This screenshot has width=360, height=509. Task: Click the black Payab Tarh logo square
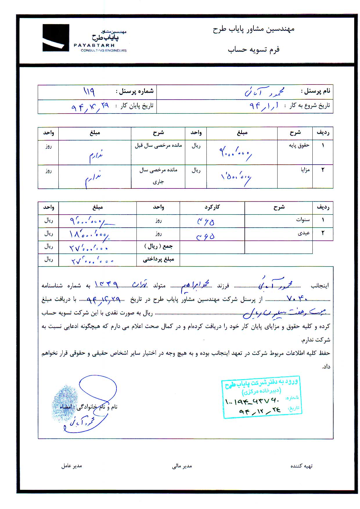point(56,38)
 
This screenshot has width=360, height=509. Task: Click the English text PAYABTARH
point(94,45)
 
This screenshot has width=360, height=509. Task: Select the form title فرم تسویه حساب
point(253,49)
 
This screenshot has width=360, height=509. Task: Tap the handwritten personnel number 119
point(89,92)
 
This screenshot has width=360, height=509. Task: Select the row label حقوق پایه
point(299,145)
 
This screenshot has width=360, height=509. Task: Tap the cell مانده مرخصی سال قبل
point(158,145)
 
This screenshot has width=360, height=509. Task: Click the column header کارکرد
point(212,207)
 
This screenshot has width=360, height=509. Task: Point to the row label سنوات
point(303,220)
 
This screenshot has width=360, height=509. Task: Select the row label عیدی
point(304,233)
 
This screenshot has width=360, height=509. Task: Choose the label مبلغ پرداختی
point(158,260)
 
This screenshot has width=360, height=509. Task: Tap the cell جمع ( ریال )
point(158,247)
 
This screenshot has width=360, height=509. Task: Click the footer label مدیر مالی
point(182,466)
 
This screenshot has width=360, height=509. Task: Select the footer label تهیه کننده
point(301,466)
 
